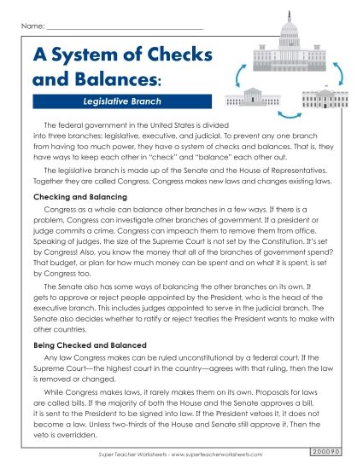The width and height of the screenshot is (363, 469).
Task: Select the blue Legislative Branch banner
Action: [x=117, y=101]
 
